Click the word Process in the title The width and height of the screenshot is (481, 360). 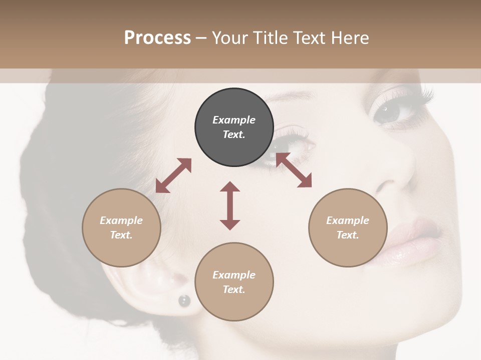tap(157, 38)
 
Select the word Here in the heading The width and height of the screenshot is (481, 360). tap(351, 38)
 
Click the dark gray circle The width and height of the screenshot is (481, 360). tap(234, 127)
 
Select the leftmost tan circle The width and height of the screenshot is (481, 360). tap(121, 227)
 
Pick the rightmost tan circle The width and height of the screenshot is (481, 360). tap(348, 227)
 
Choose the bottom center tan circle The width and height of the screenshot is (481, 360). tap(234, 282)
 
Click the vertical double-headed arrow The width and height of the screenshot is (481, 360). tap(230, 205)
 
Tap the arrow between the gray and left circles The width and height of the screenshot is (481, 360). tap(173, 175)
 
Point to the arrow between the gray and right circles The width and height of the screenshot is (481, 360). tap(294, 170)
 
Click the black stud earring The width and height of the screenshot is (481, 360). tap(184, 300)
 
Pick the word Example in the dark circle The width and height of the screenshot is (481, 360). tap(234, 120)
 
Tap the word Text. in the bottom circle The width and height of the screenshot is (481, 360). tap(234, 289)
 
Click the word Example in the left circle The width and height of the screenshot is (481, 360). tap(121, 220)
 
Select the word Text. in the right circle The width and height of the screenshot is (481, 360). tap(348, 235)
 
